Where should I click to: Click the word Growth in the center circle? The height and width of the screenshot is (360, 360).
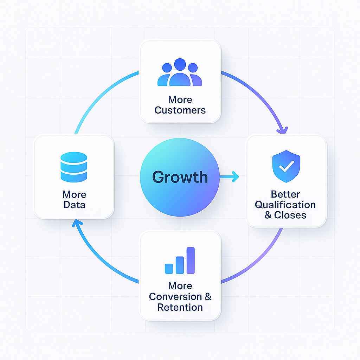(180, 177)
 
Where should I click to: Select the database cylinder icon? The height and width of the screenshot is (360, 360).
(73, 167)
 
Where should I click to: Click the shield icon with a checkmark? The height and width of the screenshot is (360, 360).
(287, 166)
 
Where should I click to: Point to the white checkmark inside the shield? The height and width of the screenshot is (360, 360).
(287, 167)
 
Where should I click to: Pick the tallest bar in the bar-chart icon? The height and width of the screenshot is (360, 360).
(191, 260)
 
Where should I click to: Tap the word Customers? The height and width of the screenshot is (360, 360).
(180, 110)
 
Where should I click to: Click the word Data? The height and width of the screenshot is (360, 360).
(74, 205)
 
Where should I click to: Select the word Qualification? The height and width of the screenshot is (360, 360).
(285, 205)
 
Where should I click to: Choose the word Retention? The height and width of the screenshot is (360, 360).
(180, 307)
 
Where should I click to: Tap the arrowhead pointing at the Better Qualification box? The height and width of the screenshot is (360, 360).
(282, 130)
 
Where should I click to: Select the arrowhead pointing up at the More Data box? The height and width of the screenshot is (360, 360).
(78, 223)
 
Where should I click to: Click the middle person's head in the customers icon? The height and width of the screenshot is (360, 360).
(180, 64)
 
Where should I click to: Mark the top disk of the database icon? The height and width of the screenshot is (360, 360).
(73, 157)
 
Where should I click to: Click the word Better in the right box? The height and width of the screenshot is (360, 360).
(285, 194)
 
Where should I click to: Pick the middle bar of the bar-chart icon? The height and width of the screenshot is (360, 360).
(180, 265)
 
